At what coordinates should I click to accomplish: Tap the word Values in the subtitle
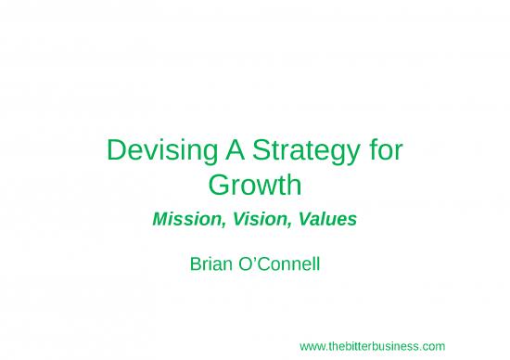click(x=325, y=221)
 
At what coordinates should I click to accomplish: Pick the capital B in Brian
click(x=195, y=264)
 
